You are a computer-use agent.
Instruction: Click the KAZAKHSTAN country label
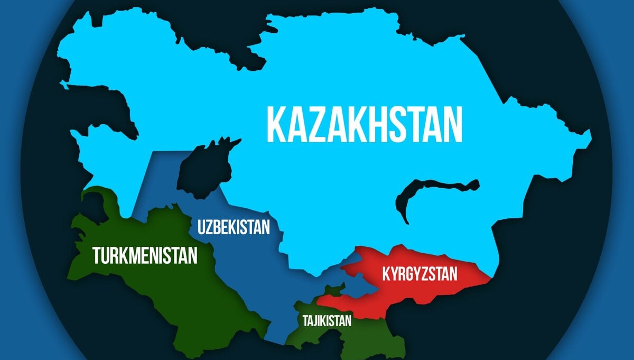(x=364, y=124)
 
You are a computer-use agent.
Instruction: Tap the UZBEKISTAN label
(x=234, y=227)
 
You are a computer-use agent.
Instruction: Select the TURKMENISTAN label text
(x=145, y=255)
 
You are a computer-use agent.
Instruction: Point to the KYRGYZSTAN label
(x=419, y=274)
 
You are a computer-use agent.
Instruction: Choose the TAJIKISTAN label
(x=327, y=320)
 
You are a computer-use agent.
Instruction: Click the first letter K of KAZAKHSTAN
(x=276, y=124)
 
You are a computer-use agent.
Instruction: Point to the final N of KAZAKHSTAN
(x=452, y=124)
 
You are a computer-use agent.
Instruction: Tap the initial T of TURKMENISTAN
(x=97, y=255)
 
